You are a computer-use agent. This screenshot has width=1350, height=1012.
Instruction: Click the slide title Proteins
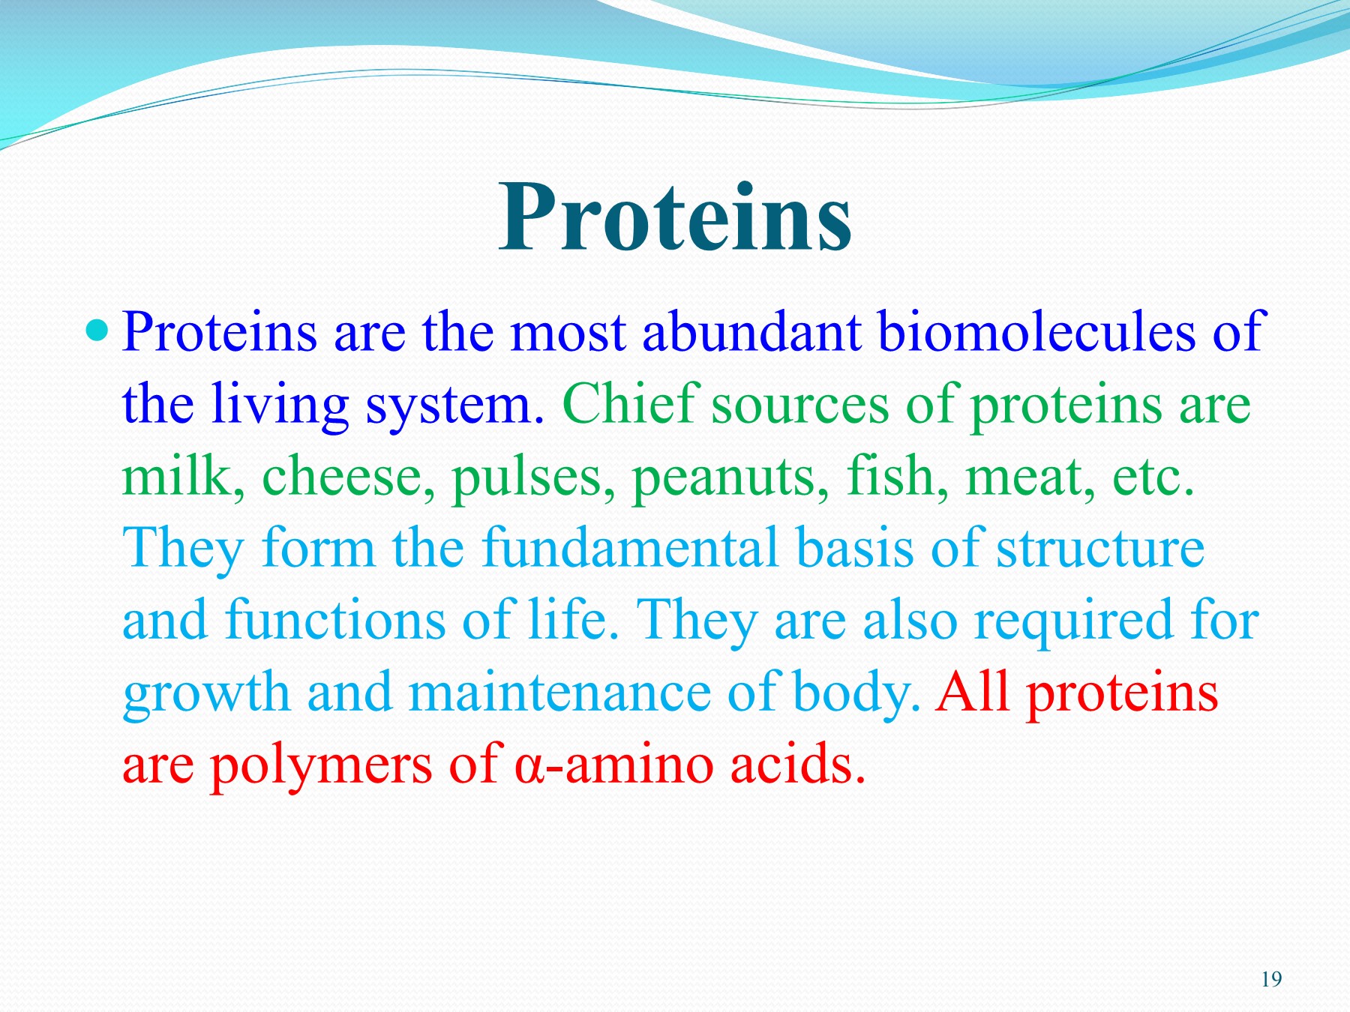click(x=675, y=217)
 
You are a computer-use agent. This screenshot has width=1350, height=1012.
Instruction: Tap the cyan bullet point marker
click(x=97, y=329)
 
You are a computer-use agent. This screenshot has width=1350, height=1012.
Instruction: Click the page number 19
click(x=1271, y=979)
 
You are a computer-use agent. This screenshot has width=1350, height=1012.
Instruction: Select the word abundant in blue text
click(x=751, y=332)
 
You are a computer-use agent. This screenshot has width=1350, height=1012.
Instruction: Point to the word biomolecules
click(x=1036, y=332)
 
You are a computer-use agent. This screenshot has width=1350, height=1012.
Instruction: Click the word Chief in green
click(x=630, y=404)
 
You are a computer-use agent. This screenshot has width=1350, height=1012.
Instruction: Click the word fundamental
click(x=629, y=548)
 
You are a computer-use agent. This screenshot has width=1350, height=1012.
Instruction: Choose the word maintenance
click(x=559, y=692)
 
